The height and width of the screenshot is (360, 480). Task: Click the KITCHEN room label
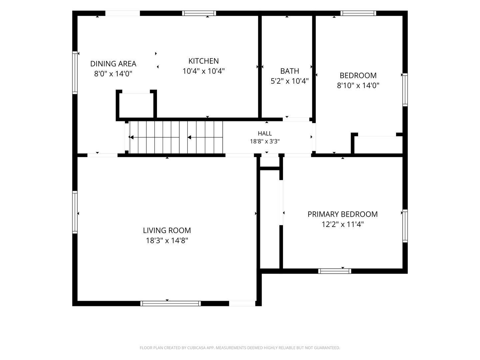(x=203, y=61)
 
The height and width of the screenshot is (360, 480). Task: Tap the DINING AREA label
(x=113, y=64)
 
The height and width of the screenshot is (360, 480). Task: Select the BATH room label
(x=290, y=71)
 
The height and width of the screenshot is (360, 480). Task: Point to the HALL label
(x=265, y=133)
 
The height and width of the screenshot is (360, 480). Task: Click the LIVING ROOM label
(x=167, y=230)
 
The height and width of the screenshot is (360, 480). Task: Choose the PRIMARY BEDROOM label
(x=342, y=214)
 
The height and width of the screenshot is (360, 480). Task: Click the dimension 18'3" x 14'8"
(x=167, y=241)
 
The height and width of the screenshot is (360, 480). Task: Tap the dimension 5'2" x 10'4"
(x=290, y=81)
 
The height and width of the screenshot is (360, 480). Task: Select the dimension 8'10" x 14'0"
(x=358, y=85)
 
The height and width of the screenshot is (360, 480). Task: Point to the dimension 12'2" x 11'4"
(x=342, y=224)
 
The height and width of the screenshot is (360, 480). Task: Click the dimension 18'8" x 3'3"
(x=265, y=141)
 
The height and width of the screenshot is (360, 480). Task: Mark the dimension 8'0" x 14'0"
(x=113, y=74)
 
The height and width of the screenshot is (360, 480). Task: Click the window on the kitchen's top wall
(x=199, y=13)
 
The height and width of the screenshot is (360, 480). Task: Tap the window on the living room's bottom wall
(x=171, y=303)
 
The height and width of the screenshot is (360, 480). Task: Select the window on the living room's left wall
(x=75, y=212)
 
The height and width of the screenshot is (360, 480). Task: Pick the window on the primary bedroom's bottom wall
(x=335, y=271)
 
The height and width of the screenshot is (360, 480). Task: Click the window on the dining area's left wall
(x=75, y=73)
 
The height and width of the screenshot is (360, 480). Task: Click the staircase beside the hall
(x=176, y=137)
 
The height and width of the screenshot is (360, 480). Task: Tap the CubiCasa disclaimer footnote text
(x=240, y=348)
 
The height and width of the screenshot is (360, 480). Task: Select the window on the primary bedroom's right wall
(x=405, y=226)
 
